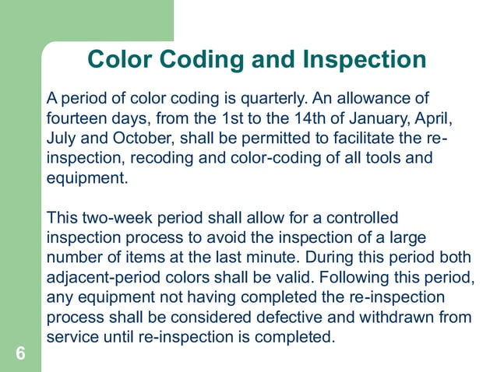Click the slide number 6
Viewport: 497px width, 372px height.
[20, 354]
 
